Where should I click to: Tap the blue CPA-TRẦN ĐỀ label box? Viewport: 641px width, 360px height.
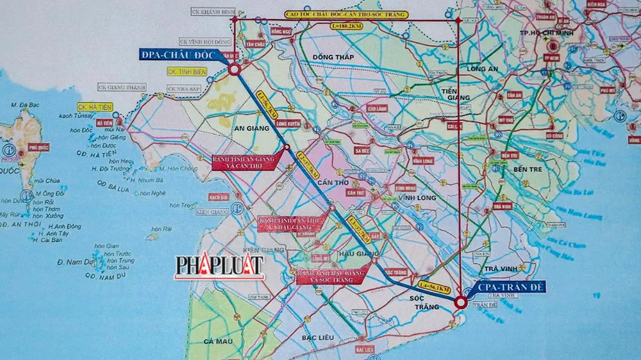point(511,288)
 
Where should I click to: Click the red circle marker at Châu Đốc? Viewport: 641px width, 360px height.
point(234,69)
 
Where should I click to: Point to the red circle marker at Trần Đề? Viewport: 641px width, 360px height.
point(460,302)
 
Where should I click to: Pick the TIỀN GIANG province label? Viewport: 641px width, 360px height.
point(456,94)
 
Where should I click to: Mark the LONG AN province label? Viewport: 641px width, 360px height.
point(483,69)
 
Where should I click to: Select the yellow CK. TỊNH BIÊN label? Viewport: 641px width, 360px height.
point(187,72)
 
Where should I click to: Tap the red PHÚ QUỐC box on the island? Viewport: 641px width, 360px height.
point(38,147)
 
